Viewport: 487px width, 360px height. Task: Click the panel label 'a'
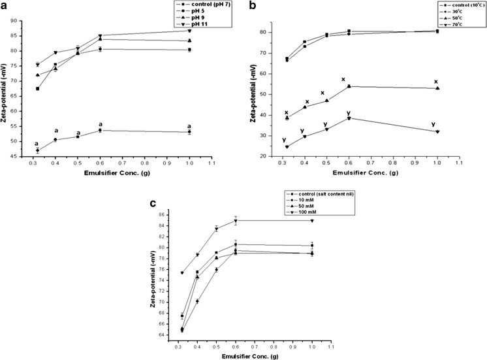pyautogui.click(x=5, y=5)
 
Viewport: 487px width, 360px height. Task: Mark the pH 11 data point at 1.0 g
pyautogui.click(x=226, y=31)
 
